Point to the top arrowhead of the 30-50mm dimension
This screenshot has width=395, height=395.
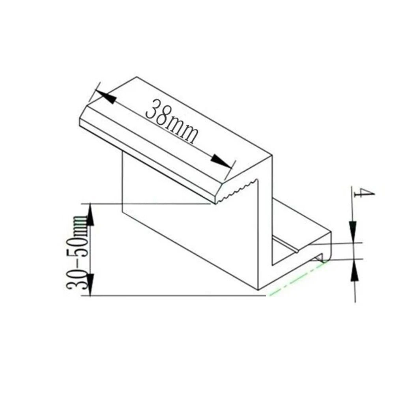(90, 215)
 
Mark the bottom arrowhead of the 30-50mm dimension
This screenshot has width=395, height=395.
(90, 284)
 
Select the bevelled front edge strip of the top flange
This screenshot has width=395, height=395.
(150, 158)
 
